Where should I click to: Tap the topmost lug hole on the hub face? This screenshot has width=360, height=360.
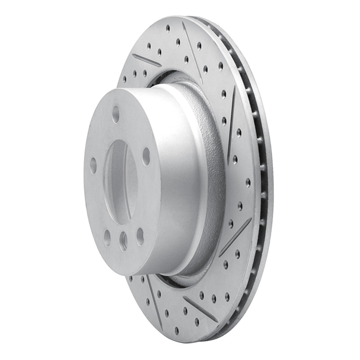(116, 114)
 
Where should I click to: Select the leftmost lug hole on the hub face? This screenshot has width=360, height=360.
(93, 166)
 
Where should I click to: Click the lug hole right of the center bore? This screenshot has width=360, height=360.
(146, 156)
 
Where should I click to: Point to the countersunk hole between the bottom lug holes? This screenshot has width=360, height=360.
(123, 241)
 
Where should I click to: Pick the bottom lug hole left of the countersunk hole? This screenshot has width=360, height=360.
(107, 237)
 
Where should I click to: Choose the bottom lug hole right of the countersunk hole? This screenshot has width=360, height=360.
(140, 236)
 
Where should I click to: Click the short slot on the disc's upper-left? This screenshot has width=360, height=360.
(146, 60)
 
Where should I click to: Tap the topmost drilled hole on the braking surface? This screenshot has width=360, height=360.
(168, 28)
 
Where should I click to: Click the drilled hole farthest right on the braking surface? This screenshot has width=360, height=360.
(248, 182)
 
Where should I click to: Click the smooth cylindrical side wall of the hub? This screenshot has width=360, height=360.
(180, 180)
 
